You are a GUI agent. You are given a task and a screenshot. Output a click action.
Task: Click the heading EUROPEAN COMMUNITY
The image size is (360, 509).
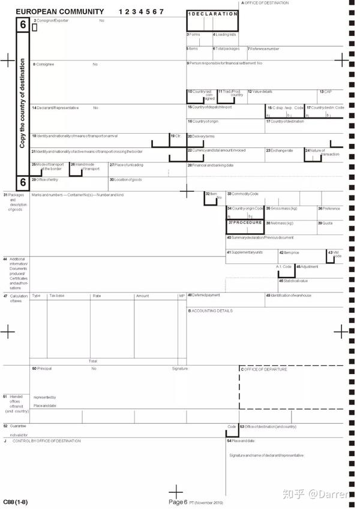(x=59, y=12)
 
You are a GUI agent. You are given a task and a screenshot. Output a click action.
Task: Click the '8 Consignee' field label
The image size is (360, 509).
(x=44, y=64)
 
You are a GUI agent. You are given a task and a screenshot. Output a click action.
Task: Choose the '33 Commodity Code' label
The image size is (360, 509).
(x=242, y=194)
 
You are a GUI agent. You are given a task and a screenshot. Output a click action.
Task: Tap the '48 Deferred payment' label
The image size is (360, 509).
(x=203, y=295)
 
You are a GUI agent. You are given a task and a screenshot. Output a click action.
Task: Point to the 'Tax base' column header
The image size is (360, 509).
(x=57, y=296)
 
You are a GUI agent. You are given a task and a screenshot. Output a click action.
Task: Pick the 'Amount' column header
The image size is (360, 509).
(x=142, y=296)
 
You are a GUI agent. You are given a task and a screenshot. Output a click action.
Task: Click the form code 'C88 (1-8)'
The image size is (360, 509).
(x=14, y=501)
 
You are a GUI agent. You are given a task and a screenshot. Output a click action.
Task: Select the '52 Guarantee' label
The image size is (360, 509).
(x=16, y=426)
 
